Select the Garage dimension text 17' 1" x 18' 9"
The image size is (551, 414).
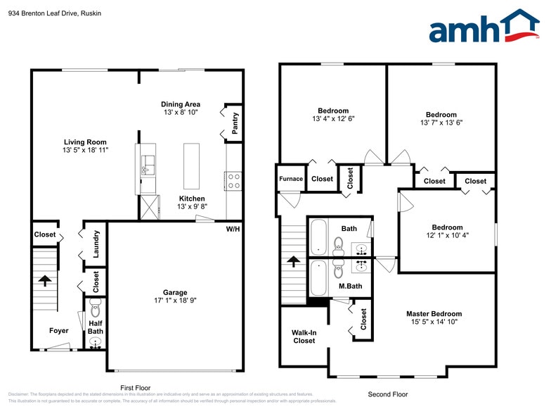[175, 300]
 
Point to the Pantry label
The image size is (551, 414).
[235, 124]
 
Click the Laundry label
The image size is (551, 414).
[96, 244]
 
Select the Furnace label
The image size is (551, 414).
[291, 179]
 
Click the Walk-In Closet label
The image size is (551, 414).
[304, 337]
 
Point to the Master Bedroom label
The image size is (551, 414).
[434, 314]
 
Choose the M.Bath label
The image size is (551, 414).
[350, 286]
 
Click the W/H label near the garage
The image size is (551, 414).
[233, 229]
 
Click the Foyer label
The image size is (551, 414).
[59, 331]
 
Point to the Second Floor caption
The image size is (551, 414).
[387, 394]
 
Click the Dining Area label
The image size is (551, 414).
[181, 104]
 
